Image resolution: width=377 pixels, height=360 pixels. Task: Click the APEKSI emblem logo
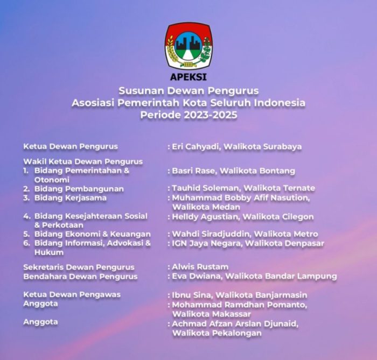click(188, 45)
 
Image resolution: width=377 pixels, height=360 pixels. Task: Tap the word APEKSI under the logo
click(188, 76)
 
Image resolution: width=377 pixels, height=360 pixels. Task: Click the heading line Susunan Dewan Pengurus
click(188, 90)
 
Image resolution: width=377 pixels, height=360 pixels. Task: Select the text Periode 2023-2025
click(188, 115)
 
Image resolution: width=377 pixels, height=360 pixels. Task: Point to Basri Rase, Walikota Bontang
click(233, 171)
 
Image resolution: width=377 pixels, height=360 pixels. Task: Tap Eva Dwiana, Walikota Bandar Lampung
click(254, 276)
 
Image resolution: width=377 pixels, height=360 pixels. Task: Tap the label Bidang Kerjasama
click(70, 198)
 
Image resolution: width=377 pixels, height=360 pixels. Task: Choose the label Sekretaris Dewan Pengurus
click(79, 267)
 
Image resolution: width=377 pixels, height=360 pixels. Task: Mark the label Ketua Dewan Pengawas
click(72, 294)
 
